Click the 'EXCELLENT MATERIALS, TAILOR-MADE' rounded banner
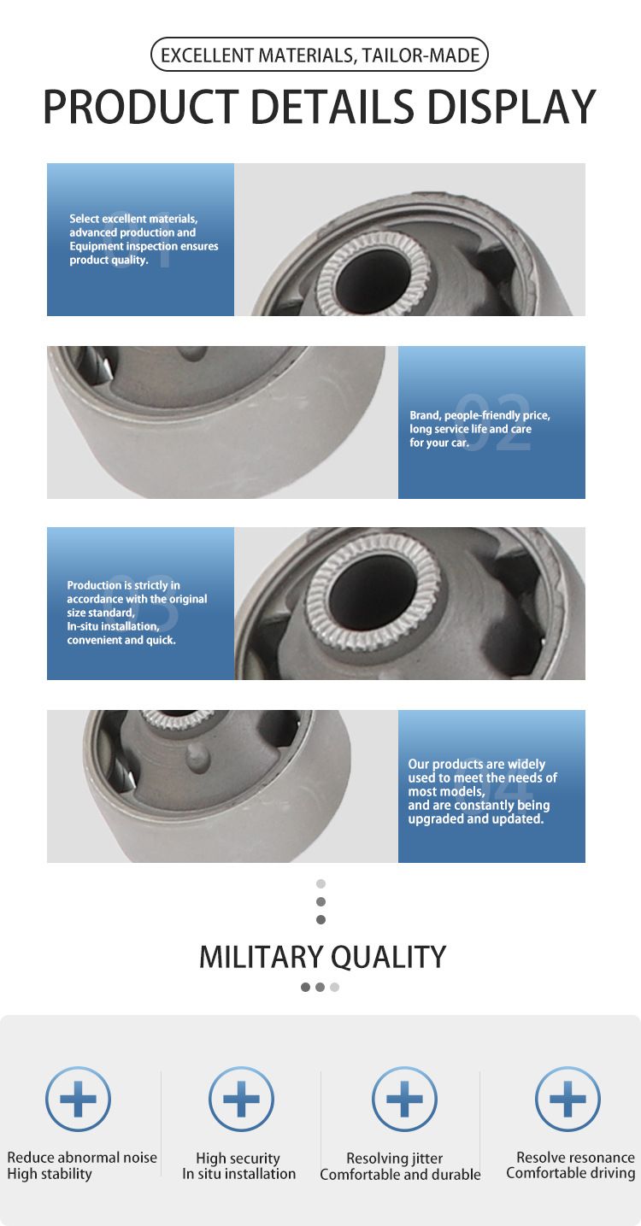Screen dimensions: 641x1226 coord(319,55)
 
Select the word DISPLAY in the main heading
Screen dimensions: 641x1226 coord(511,107)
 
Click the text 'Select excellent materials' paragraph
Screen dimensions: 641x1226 coord(144,239)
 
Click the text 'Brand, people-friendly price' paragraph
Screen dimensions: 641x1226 coord(479,429)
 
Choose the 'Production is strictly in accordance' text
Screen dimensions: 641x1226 coord(137,613)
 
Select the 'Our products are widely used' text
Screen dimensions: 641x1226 coord(482,791)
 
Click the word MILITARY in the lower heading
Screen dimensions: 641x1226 coord(262,957)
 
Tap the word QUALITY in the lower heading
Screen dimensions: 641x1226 coord(389,958)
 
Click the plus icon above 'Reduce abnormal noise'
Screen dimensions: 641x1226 coord(78,1099)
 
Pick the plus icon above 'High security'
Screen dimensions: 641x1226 coord(241,1099)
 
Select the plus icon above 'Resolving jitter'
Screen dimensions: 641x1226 coord(404,1099)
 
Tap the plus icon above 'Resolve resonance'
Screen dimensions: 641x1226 coord(567,1099)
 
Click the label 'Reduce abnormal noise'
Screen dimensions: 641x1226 coord(81,1158)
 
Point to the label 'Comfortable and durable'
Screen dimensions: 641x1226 coord(400,1175)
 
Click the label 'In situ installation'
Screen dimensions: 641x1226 coord(238,1174)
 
